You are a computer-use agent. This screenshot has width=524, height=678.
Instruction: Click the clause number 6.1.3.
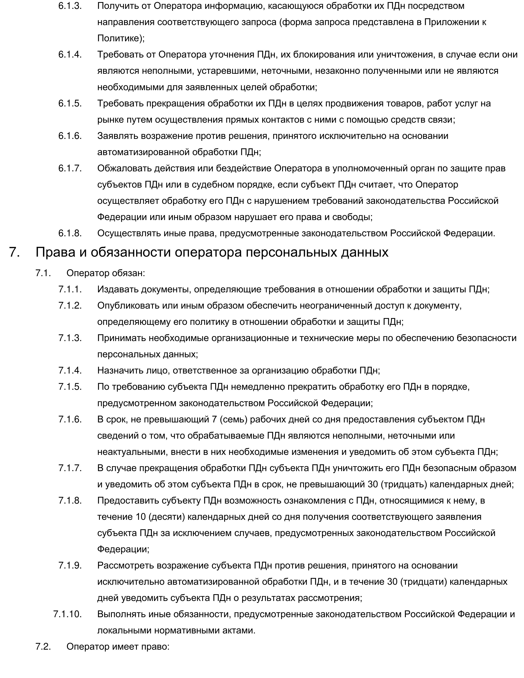(x=70, y=6)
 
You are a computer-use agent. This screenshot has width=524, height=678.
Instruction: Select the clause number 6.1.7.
(x=70, y=168)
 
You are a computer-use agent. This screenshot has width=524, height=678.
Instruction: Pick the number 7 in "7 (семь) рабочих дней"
(x=214, y=419)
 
